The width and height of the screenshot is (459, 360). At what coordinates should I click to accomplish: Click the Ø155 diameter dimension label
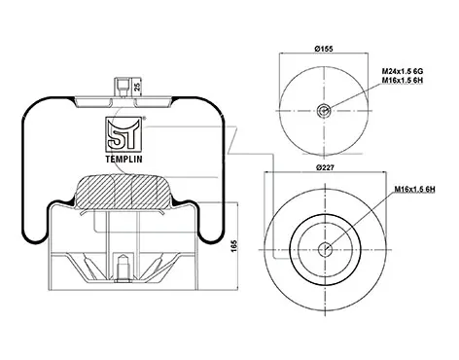point(324,49)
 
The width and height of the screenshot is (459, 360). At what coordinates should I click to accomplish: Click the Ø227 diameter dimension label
point(325,167)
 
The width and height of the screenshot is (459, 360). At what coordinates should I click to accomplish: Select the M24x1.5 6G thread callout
point(403,71)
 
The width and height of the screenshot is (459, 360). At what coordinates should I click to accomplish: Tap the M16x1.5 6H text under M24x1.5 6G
point(403,80)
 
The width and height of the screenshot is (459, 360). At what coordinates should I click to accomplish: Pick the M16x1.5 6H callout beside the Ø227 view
point(414,189)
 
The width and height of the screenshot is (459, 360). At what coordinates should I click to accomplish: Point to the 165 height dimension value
point(234,246)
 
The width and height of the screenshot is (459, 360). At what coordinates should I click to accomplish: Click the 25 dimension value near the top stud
point(137,87)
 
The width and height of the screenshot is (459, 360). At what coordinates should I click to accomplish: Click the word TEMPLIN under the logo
point(124,159)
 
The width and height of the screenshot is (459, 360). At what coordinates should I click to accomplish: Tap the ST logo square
point(124,134)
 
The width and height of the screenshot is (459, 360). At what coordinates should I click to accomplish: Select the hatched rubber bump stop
point(123,192)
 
